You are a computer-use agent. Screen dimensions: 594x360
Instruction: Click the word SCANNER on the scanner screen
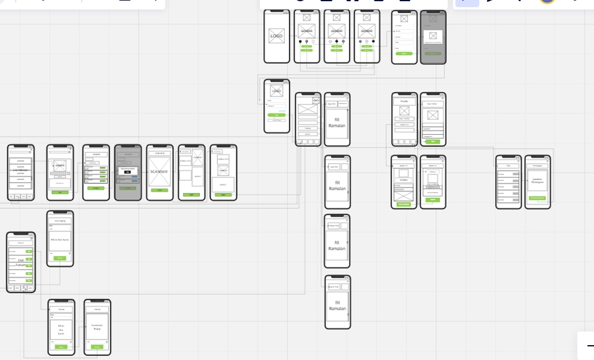pos(159,171)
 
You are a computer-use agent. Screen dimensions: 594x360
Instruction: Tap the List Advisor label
pos(21,169)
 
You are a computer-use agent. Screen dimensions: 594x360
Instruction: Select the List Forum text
pos(20,262)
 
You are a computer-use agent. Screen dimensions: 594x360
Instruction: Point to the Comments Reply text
pos(97,326)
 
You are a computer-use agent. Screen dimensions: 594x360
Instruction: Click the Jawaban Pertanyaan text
pos(538,181)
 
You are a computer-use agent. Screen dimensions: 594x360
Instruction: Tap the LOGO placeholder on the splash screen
pos(277,36)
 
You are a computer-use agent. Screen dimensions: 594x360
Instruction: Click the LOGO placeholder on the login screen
pos(277,91)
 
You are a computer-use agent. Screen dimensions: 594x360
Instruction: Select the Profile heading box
pos(405,101)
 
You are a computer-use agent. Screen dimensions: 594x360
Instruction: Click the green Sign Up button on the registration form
pos(405,54)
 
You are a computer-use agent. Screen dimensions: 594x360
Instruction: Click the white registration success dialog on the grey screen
pos(433,36)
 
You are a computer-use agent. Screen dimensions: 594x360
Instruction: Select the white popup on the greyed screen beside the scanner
pos(127,169)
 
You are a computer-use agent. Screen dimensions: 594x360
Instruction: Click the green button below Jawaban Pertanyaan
pos(538,198)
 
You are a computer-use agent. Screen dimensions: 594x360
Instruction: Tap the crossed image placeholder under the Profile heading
pos(405,111)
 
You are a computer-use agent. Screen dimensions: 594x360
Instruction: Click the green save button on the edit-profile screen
pos(433,142)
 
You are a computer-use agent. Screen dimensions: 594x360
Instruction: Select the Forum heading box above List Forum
pos(21,243)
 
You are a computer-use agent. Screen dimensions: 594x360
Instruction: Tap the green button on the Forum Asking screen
pos(60,258)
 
